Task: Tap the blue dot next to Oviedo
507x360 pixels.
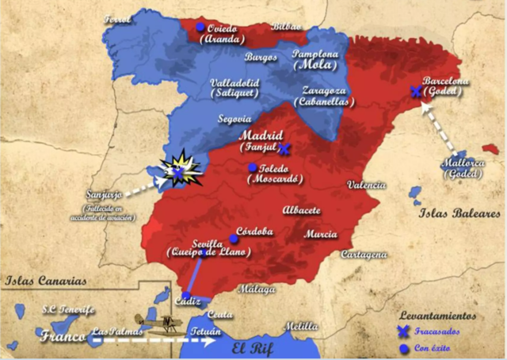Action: point(200,27)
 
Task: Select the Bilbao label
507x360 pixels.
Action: point(287,27)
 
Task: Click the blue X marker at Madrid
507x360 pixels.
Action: point(285,148)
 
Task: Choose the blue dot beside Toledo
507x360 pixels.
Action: point(252,167)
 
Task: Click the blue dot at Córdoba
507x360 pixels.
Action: point(234,238)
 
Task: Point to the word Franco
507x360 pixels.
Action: point(62,335)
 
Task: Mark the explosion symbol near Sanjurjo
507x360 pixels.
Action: point(180,167)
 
